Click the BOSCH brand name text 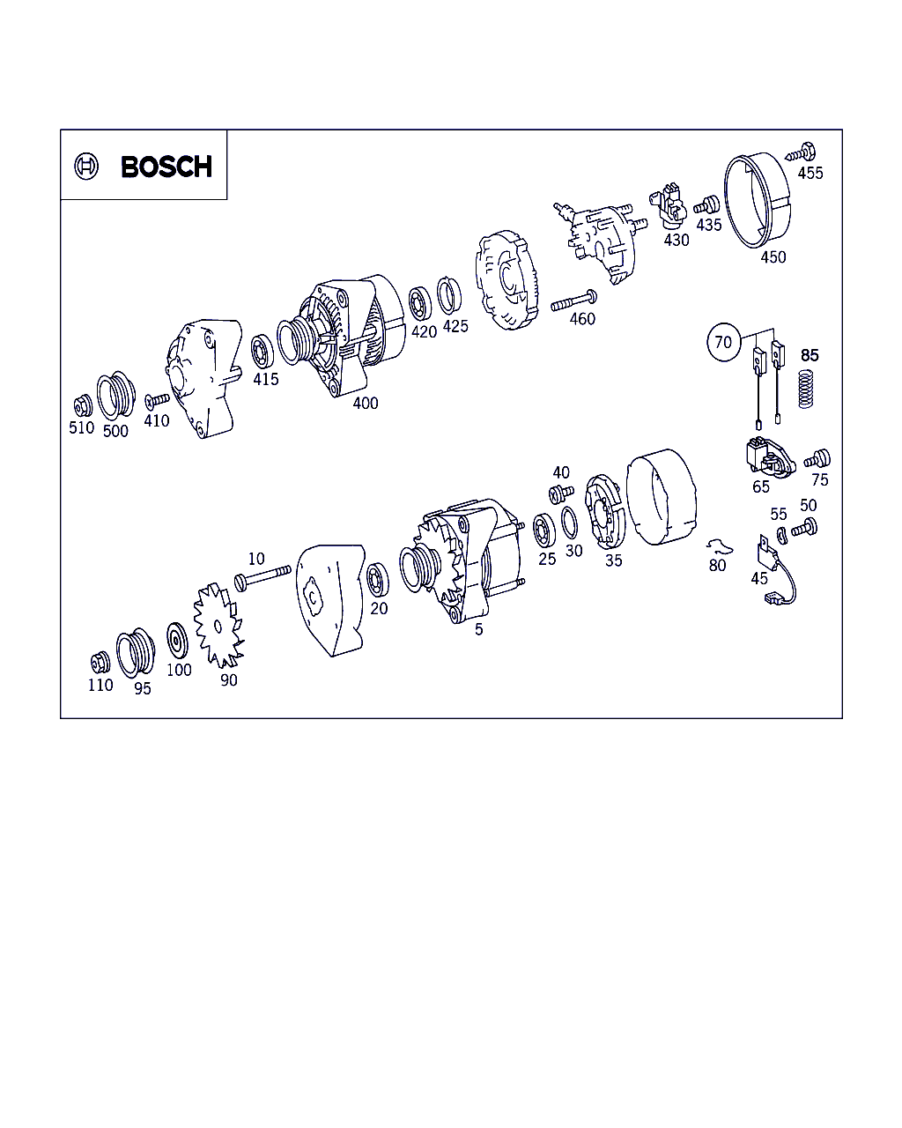pyautogui.click(x=166, y=167)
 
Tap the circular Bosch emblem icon pyautogui.click(x=86, y=167)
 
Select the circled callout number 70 pyautogui.click(x=724, y=342)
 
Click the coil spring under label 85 pyautogui.click(x=806, y=389)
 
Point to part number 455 pyautogui.click(x=810, y=173)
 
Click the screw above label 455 pyautogui.click(x=801, y=153)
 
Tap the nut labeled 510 pyautogui.click(x=83, y=405)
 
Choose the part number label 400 pyautogui.click(x=366, y=403)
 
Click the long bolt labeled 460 pyautogui.click(x=574, y=301)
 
